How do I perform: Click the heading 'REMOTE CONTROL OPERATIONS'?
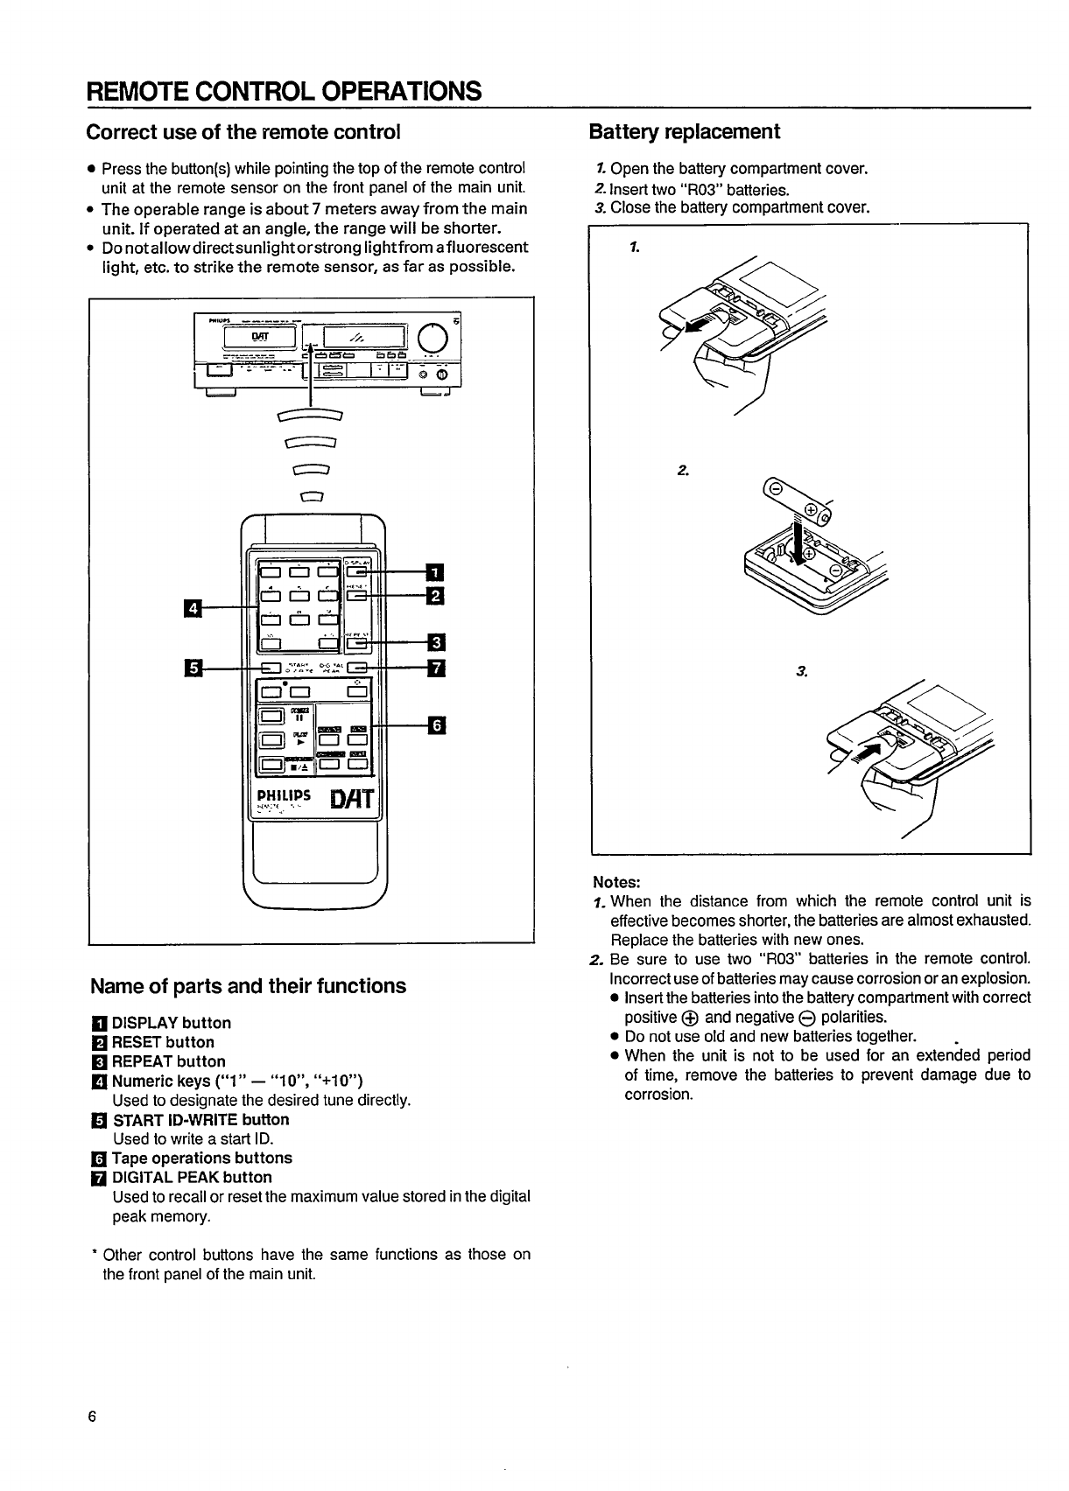click(x=284, y=91)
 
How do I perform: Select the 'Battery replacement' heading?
click(x=684, y=132)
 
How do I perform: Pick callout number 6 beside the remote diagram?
click(x=435, y=724)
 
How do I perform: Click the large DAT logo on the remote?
click(x=353, y=799)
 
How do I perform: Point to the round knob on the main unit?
click(x=433, y=337)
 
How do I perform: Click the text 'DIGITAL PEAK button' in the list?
click(x=192, y=1177)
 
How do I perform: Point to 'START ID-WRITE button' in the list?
click(x=200, y=1119)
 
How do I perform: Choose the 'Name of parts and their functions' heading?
click(x=248, y=986)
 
